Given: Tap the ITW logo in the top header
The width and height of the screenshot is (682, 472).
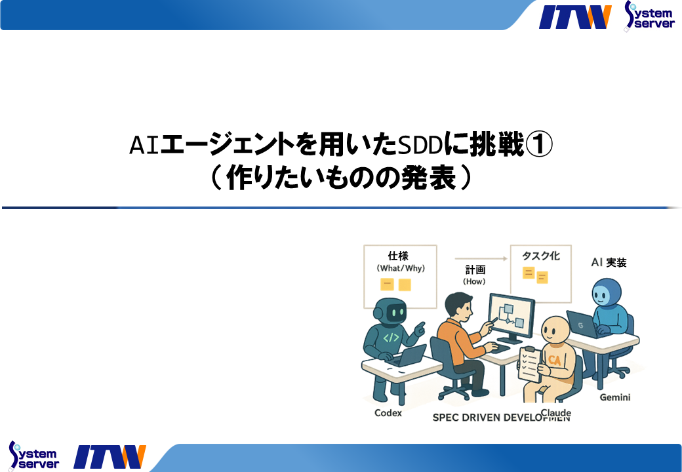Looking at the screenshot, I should pos(575,16).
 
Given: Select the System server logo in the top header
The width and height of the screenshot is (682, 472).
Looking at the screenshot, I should pos(649,15).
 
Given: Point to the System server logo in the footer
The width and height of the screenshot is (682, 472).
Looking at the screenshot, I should pos(33,456).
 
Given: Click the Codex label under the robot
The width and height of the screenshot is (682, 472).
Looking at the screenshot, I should pos(388,413).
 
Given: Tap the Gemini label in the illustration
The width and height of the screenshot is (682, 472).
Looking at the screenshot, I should pos(614,397).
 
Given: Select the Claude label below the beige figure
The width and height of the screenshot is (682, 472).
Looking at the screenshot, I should pos(555,413).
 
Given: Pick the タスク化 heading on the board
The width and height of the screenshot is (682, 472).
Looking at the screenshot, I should pos(541,255).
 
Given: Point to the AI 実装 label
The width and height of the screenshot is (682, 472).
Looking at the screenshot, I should pos(609,263).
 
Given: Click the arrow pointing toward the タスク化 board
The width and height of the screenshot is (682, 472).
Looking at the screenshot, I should pos(481,259).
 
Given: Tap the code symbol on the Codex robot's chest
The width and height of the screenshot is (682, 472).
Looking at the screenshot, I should pos(391,338).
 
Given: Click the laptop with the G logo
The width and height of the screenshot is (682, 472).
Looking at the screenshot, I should pos(582,324).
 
